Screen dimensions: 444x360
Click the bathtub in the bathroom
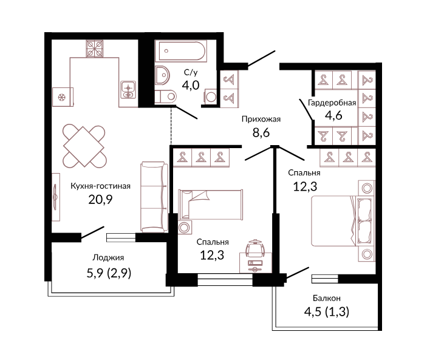180,51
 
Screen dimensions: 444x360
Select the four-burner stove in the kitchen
95,49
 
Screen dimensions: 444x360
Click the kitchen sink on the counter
128,90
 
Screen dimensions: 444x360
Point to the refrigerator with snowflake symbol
63,97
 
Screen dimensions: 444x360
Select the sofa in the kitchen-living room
153,197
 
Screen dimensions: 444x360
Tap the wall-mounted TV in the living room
55,197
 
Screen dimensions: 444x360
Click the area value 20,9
101,200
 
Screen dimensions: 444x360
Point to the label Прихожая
261,119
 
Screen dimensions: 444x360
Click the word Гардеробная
332,103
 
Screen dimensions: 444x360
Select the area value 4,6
333,115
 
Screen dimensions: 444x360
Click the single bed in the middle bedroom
210,205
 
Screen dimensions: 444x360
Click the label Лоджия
108,258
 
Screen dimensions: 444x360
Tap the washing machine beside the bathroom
210,97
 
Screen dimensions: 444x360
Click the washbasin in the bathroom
162,75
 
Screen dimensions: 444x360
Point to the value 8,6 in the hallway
261,132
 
